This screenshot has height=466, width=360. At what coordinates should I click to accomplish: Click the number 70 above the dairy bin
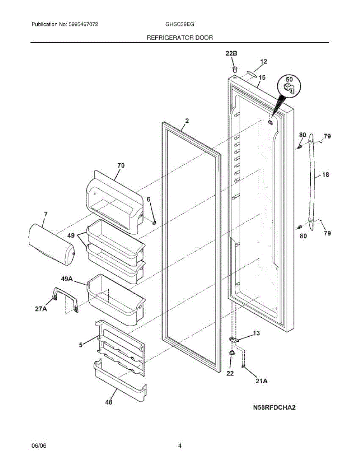(x=121, y=165)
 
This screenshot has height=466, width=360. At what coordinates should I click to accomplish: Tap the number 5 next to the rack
(x=80, y=344)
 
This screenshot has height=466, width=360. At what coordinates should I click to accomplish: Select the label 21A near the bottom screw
(x=261, y=381)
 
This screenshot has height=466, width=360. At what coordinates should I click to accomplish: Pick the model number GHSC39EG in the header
(x=180, y=24)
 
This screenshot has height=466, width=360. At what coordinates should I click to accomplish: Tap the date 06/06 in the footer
(x=38, y=446)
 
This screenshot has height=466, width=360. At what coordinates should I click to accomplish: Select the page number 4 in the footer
(x=180, y=446)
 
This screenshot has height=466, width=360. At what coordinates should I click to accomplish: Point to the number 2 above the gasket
(x=187, y=121)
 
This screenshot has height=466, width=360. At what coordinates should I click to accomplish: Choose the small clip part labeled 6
(x=155, y=223)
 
